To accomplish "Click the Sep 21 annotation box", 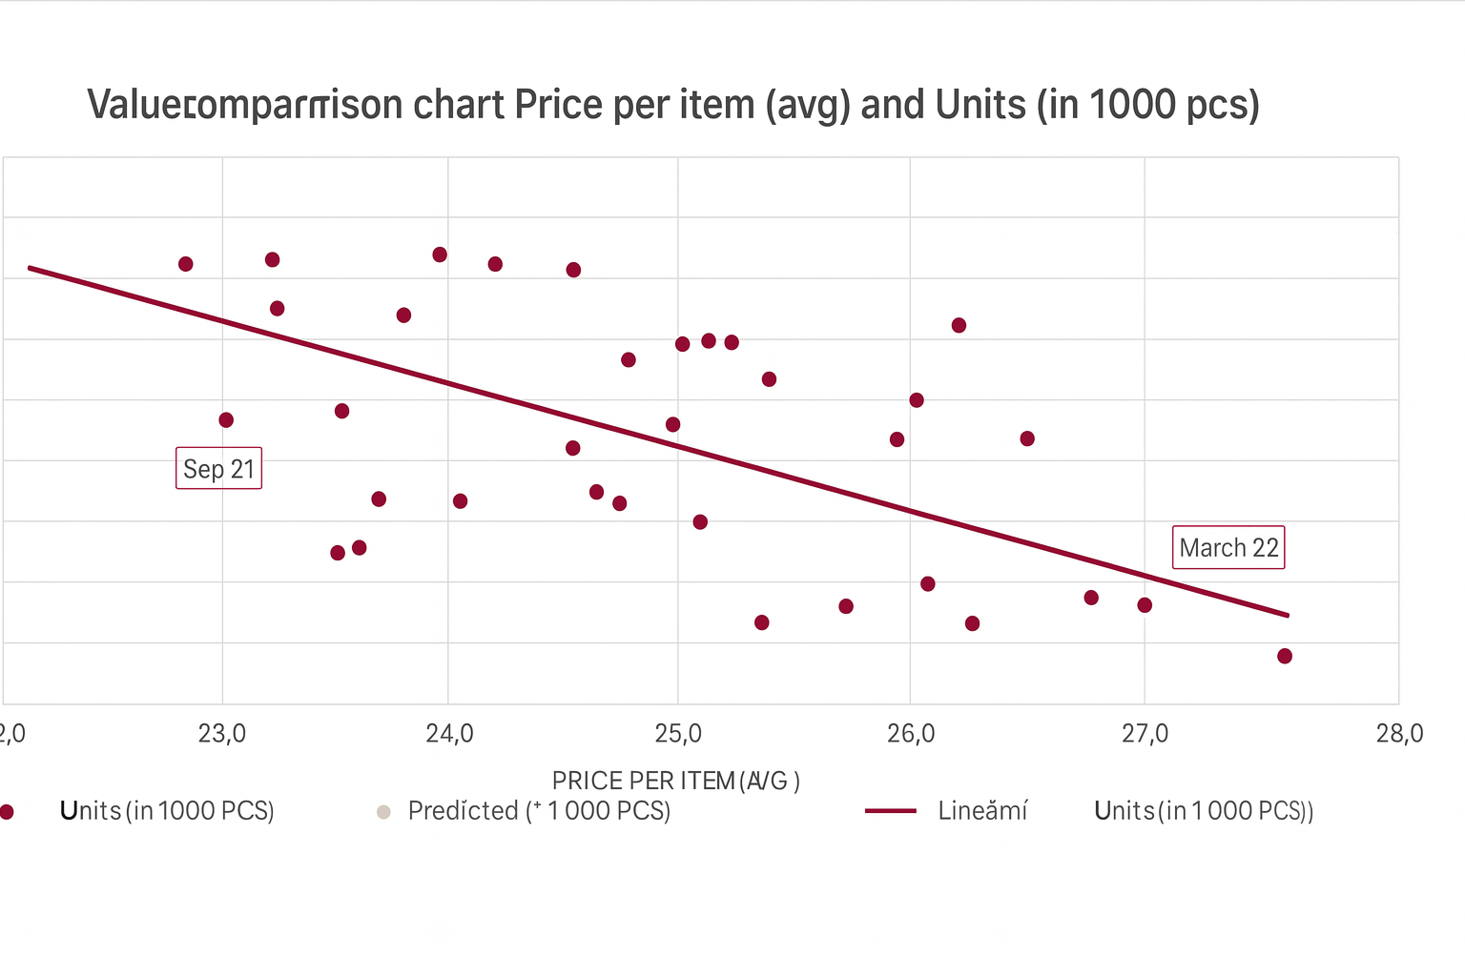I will coord(218,468).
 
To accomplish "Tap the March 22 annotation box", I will coord(1228,547).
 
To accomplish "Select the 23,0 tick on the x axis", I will coord(222,733).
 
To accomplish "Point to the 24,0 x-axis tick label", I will coord(449,733).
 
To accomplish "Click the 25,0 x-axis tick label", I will coord(678,733).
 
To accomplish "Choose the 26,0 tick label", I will coord(911,733).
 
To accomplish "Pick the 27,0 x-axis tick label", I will coord(1145,733).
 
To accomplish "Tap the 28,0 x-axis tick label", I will coord(1399,733).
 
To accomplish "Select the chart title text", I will coord(673,104).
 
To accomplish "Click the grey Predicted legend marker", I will coord(383,812).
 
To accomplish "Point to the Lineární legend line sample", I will coord(890,811).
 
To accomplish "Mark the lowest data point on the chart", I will coord(1285,656).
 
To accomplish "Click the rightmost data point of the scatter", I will coord(1285,656).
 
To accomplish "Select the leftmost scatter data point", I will coord(186,264).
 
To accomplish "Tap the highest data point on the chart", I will coord(440,254).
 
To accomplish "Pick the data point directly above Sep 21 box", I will coord(226,420).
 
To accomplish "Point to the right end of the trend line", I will coord(1289,616).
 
